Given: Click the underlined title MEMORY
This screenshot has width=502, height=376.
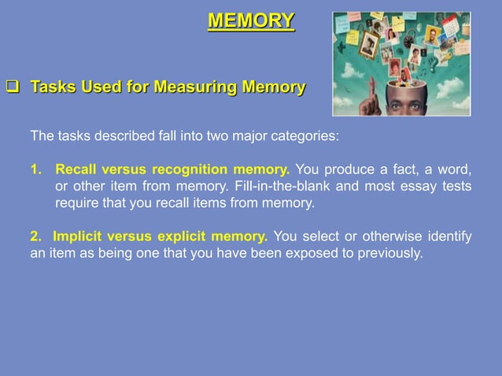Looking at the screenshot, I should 251,20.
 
